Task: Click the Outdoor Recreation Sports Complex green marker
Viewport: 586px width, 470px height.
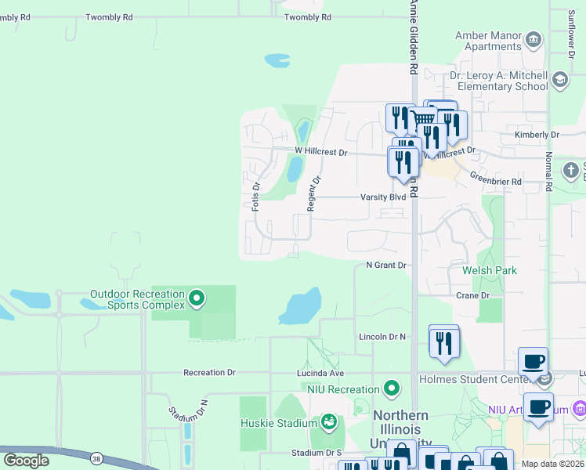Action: [197, 298]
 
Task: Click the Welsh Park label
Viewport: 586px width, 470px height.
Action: [490, 270]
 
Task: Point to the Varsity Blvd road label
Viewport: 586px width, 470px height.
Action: [383, 197]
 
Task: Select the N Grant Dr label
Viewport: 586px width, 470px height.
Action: [386, 266]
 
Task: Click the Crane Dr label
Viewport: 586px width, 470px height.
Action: [472, 295]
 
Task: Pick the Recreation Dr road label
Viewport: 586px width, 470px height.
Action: [209, 373]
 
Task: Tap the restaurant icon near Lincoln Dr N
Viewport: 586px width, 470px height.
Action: [443, 342]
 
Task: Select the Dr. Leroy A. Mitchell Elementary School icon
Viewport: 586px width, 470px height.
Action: [559, 79]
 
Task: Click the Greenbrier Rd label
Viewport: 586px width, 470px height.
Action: [496, 181]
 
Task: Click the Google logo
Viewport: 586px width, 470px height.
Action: [26, 460]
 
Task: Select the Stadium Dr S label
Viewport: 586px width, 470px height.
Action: [317, 453]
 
